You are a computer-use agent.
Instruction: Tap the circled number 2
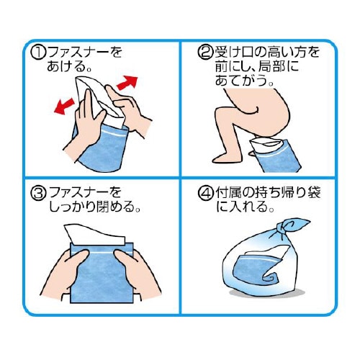click(204, 52)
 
